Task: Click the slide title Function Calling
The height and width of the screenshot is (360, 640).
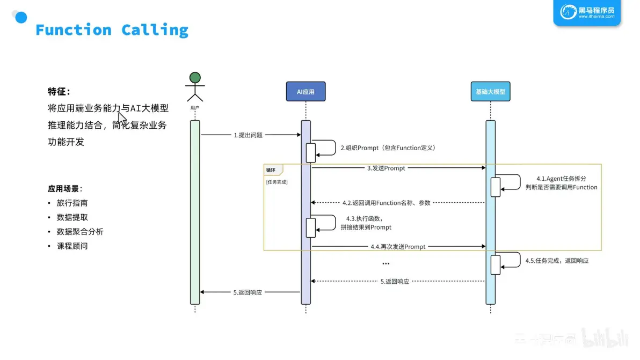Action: pyautogui.click(x=112, y=30)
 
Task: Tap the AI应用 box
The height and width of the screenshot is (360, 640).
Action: pyautogui.click(x=306, y=92)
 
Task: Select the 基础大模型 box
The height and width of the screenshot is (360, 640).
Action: pyautogui.click(x=490, y=92)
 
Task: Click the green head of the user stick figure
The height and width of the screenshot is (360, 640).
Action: pyautogui.click(x=195, y=78)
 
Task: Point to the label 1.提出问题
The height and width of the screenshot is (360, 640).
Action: pyautogui.click(x=248, y=135)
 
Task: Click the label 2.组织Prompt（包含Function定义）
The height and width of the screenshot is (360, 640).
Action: pyautogui.click(x=388, y=148)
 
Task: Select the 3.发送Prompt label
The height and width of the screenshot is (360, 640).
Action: pyautogui.click(x=386, y=168)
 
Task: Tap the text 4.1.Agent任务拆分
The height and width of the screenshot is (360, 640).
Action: pyautogui.click(x=561, y=179)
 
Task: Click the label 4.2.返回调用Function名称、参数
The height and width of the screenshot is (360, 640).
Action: pyautogui.click(x=386, y=203)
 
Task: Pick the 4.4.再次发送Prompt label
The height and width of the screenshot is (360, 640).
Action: pyautogui.click(x=398, y=247)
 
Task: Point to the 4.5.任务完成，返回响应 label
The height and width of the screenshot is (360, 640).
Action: pyautogui.click(x=557, y=261)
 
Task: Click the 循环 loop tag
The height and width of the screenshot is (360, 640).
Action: pyautogui.click(x=271, y=170)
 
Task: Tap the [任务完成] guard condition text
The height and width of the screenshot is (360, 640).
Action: pyautogui.click(x=277, y=182)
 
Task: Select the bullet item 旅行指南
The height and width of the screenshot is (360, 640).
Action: pyautogui.click(x=72, y=203)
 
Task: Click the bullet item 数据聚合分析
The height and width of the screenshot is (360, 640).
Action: pyautogui.click(x=79, y=232)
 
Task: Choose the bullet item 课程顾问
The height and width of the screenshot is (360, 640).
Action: pyautogui.click(x=72, y=246)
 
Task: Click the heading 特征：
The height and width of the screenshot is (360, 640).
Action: pyautogui.click(x=59, y=91)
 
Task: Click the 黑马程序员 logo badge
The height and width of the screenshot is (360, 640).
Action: pyautogui.click(x=587, y=12)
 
